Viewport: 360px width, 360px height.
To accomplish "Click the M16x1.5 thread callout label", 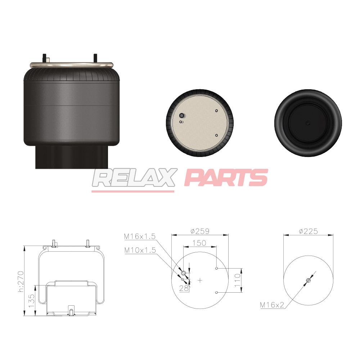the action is tap(140, 236).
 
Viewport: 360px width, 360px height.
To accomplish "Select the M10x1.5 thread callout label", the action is tap(140, 250).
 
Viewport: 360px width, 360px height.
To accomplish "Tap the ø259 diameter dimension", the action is tap(200, 231).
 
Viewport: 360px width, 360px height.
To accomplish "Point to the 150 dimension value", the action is tap(199, 243).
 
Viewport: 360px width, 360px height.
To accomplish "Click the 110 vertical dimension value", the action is tap(237, 280).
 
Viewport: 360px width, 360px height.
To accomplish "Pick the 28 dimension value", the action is tap(184, 288).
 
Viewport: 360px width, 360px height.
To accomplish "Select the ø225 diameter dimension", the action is tap(309, 231).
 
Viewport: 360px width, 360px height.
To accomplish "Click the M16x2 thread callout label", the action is tap(272, 305).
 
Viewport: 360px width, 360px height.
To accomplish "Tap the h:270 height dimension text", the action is tap(21, 282).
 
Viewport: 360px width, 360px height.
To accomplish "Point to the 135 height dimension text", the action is tap(31, 301).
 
